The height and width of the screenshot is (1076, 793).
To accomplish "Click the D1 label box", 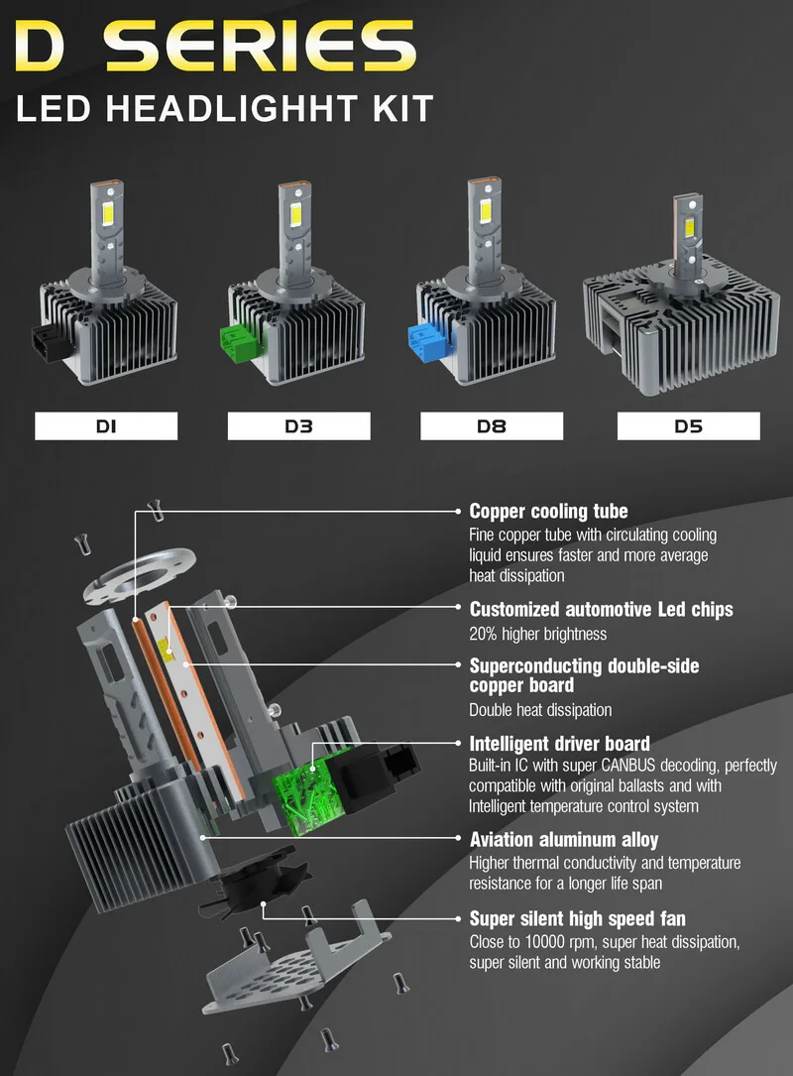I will pyautogui.click(x=106, y=426).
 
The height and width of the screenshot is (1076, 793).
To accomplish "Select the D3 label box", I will pyautogui.click(x=298, y=426).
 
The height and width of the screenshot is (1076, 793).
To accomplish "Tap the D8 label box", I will pyautogui.click(x=492, y=426).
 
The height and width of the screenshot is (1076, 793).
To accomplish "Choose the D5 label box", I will pyautogui.click(x=688, y=426).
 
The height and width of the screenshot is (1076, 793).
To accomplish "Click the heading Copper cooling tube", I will pyautogui.click(x=548, y=512).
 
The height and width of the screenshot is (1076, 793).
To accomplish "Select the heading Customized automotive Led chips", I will pyautogui.click(x=601, y=609).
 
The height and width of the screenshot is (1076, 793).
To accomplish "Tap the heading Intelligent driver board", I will pyautogui.click(x=559, y=743).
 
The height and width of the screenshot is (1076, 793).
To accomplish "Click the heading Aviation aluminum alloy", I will pyautogui.click(x=563, y=840).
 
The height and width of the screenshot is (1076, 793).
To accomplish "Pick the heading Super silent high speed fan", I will pyautogui.click(x=577, y=918).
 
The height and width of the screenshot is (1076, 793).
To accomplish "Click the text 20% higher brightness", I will pyautogui.click(x=537, y=634).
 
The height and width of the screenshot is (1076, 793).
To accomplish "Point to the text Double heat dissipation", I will pyautogui.click(x=540, y=710).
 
